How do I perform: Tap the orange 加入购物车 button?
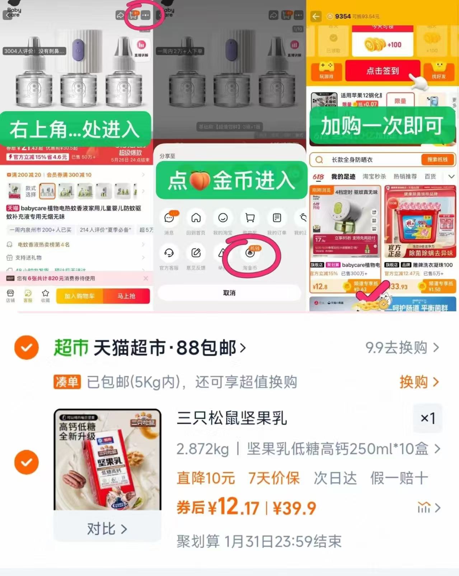pos(79,296)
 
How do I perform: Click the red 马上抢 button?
pos(126,296)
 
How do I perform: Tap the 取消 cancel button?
pos(229,293)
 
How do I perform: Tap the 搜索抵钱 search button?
pos(437,160)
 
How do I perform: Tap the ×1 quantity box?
pos(428,418)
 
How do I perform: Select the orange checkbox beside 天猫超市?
pos(27,348)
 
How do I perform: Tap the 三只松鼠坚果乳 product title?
pos(232,418)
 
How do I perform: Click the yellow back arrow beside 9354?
pos(316,16)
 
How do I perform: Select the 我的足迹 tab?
pos(343,176)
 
